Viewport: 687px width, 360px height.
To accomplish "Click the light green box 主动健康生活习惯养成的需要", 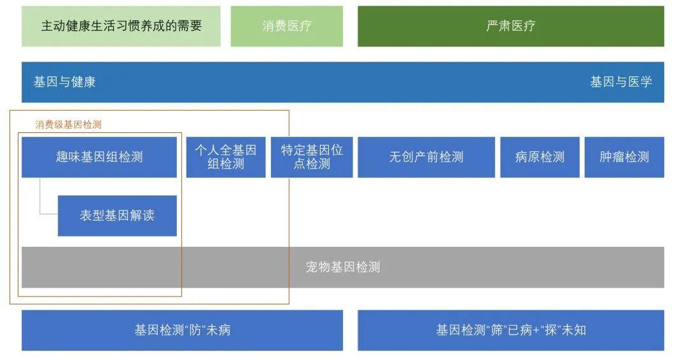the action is point(121,26).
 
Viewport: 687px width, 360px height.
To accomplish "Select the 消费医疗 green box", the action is point(287,26).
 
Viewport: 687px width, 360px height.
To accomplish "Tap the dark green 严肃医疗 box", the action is point(511,26).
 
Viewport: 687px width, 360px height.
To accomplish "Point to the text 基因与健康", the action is point(65,82).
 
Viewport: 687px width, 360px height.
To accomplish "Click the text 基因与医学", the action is point(621,82).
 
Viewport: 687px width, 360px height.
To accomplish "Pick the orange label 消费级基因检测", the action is point(68,125).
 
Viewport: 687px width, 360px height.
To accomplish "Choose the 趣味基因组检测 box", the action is point(99,157).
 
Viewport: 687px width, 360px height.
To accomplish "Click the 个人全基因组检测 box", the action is point(226,157).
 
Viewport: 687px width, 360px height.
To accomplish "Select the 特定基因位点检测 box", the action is point(312,157).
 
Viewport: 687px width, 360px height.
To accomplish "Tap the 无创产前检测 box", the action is point(426,157).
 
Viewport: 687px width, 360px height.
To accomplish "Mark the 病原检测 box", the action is point(540,157).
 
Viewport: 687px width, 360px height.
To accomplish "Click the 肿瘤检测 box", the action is point(625,157).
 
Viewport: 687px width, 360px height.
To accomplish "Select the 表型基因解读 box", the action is point(118,216).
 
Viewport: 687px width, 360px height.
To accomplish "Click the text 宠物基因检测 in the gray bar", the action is point(343,267).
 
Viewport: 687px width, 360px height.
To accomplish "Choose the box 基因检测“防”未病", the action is point(183,330).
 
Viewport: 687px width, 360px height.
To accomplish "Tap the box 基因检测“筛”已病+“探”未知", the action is point(511,330).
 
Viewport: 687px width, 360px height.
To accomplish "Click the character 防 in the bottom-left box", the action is point(195,330).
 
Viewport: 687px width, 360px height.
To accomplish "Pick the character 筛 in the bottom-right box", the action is point(497,330).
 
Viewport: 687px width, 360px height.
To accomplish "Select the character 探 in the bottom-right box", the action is point(550,330).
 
